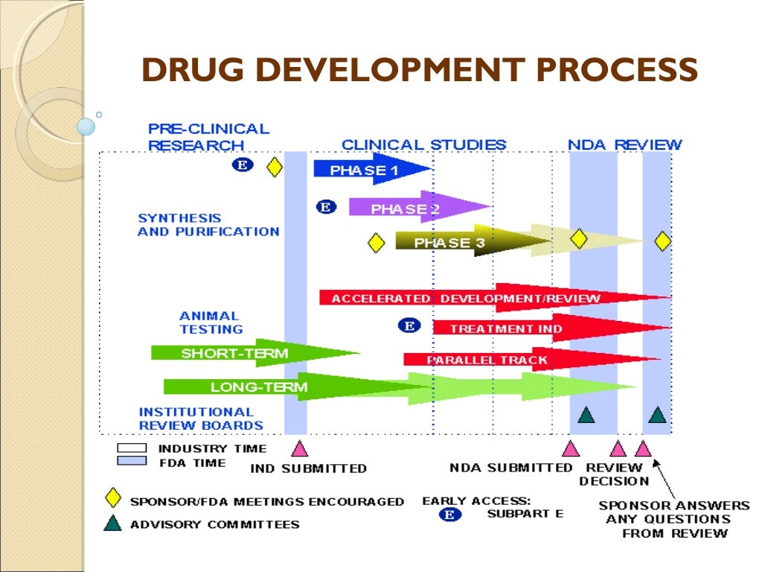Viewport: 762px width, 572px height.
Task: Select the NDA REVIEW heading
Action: click(x=625, y=144)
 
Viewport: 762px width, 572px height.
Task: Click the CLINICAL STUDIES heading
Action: click(x=424, y=144)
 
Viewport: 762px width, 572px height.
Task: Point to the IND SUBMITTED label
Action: click(x=308, y=468)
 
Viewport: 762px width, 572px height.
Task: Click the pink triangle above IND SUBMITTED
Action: click(x=299, y=448)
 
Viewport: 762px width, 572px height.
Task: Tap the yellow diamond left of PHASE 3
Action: click(x=377, y=243)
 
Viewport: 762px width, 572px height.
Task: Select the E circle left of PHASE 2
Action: click(x=326, y=207)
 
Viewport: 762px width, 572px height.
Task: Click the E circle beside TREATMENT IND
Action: click(x=408, y=325)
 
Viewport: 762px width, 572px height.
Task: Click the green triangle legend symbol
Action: click(x=112, y=524)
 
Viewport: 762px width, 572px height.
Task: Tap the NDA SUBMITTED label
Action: click(x=511, y=468)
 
